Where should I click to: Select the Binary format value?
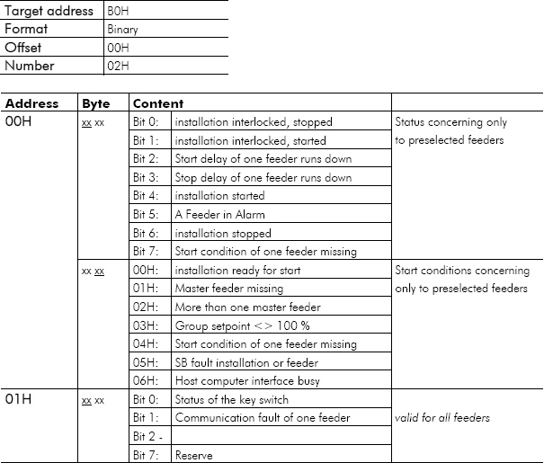pos(122,30)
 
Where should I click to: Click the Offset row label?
pos(23,48)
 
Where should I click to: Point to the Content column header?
pos(158,103)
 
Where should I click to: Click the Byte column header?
pos(95,103)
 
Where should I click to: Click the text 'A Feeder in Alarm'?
pos(219,214)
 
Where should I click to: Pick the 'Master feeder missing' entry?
pos(229,288)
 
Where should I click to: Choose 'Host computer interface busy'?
pos(246,380)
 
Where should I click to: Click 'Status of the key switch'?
pos(233,399)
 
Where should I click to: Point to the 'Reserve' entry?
pos(194,455)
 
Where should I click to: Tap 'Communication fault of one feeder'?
pos(263,417)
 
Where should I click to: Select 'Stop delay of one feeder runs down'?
pos(263,177)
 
